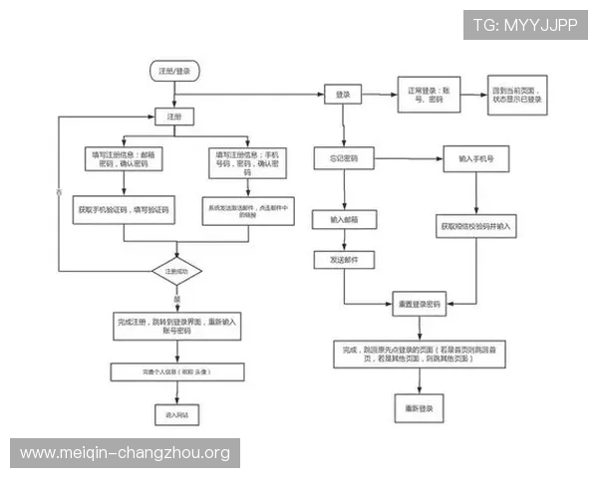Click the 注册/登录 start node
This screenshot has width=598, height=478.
(174, 71)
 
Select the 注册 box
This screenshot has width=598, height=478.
(174, 117)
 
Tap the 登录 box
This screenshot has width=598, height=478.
(343, 95)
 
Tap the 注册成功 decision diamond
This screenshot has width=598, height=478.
(176, 271)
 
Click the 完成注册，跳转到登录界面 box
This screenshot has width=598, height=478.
(177, 328)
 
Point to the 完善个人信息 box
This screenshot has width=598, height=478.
(177, 371)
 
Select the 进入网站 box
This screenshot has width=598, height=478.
(176, 412)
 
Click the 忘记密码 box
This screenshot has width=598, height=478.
(343, 159)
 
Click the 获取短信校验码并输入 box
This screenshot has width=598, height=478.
(474, 227)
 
